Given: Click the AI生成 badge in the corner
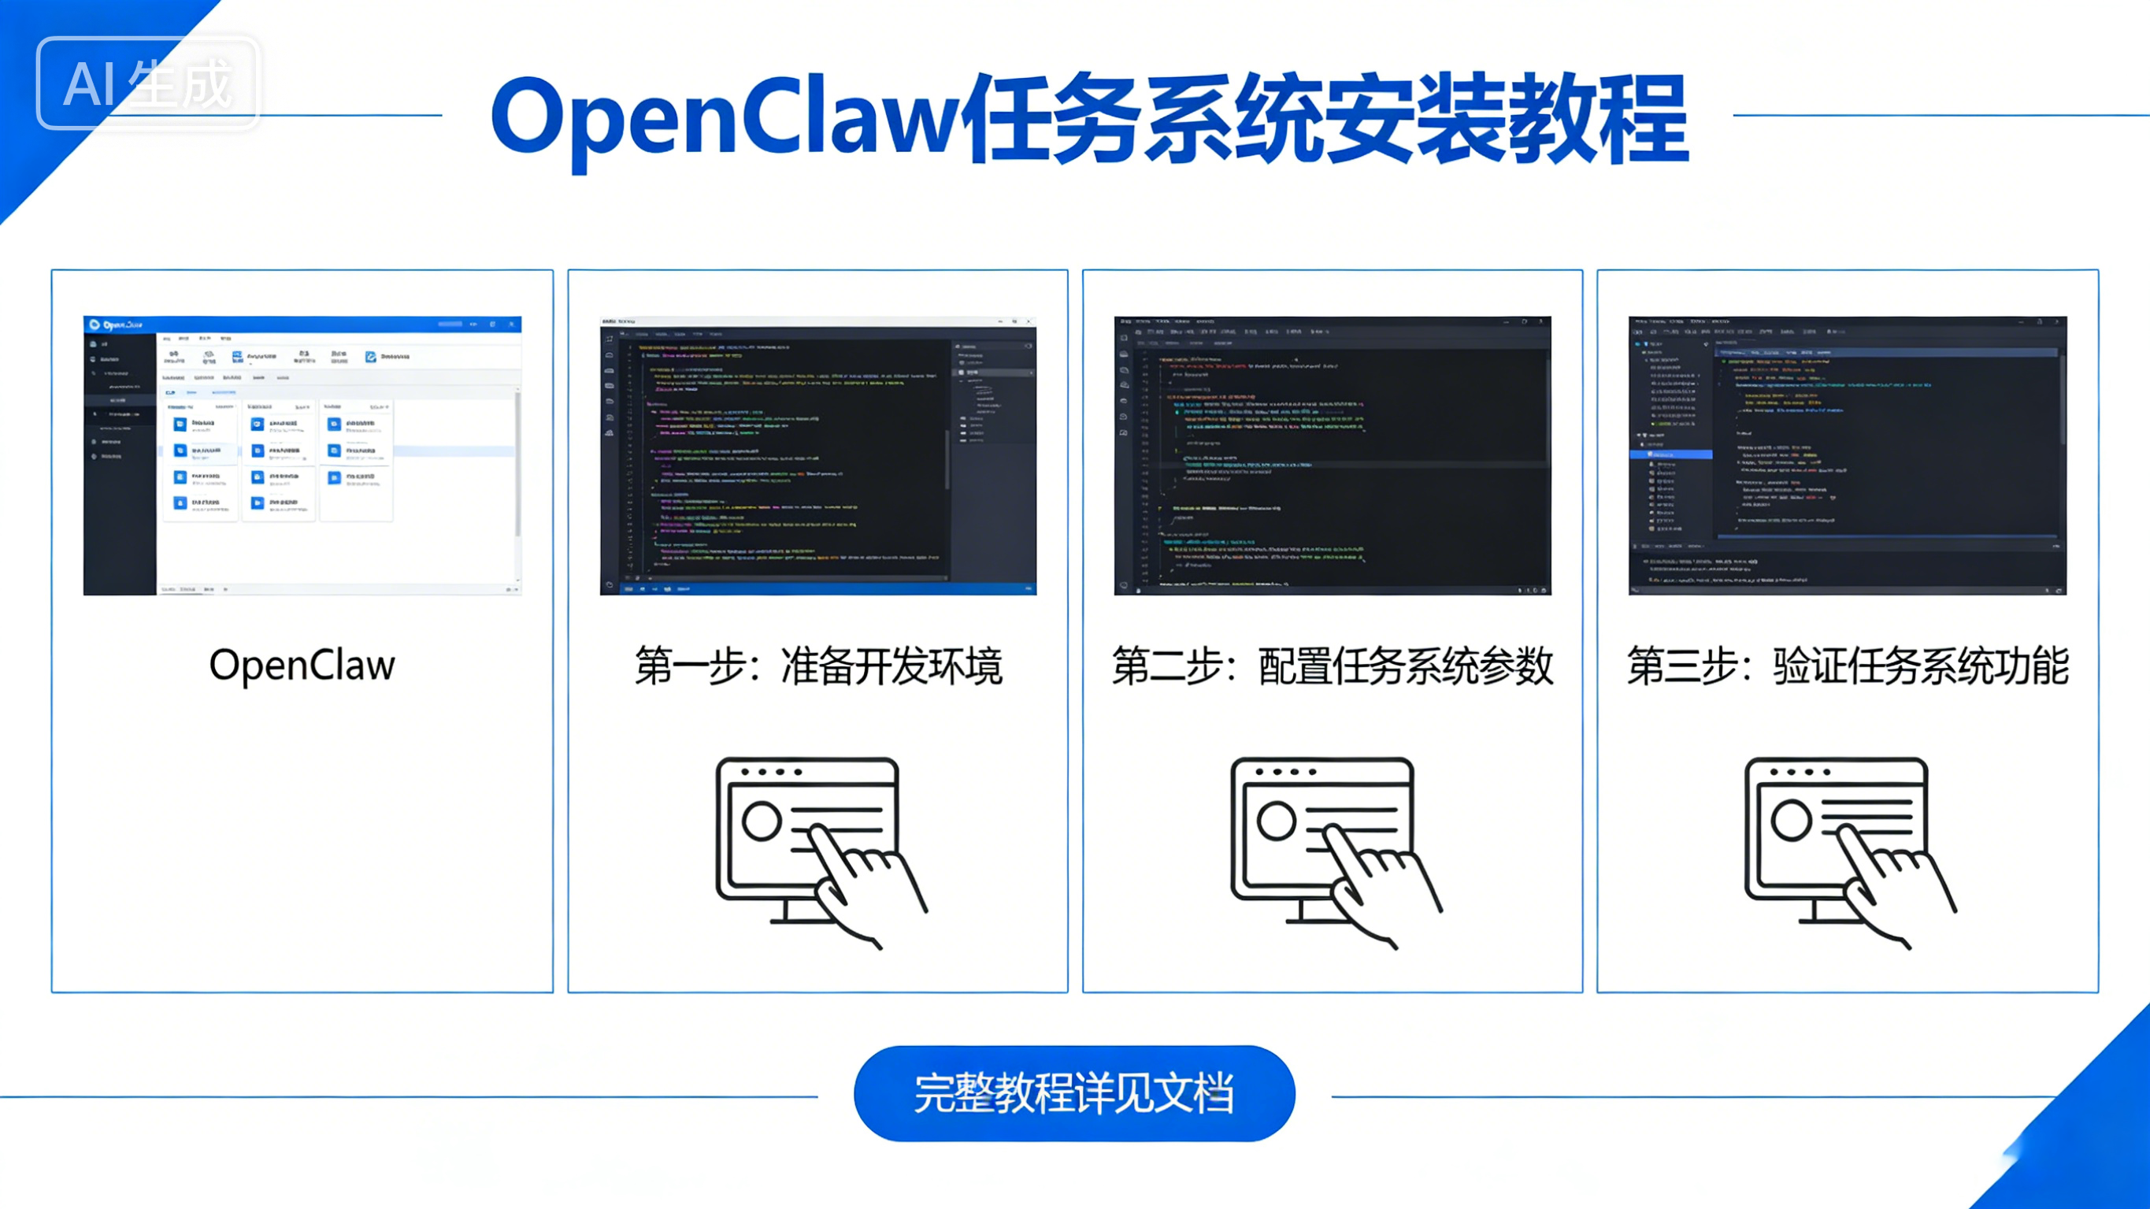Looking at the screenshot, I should click(148, 83).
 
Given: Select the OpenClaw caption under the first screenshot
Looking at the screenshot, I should click(302, 666).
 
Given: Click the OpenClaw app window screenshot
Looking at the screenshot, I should click(302, 455).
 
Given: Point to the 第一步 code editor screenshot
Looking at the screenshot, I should click(818, 455).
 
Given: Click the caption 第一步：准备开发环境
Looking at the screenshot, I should click(818, 666).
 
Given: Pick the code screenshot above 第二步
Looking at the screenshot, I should click(1332, 455).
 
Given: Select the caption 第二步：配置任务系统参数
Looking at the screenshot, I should click(1332, 666).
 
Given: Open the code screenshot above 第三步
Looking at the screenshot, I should click(1847, 455).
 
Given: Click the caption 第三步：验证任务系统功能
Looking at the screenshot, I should click(1847, 666).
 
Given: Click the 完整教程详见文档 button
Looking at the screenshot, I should click(1074, 1093).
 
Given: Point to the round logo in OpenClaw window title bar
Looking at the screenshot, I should click(95, 324).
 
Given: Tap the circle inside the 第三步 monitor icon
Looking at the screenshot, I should click(1790, 820).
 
